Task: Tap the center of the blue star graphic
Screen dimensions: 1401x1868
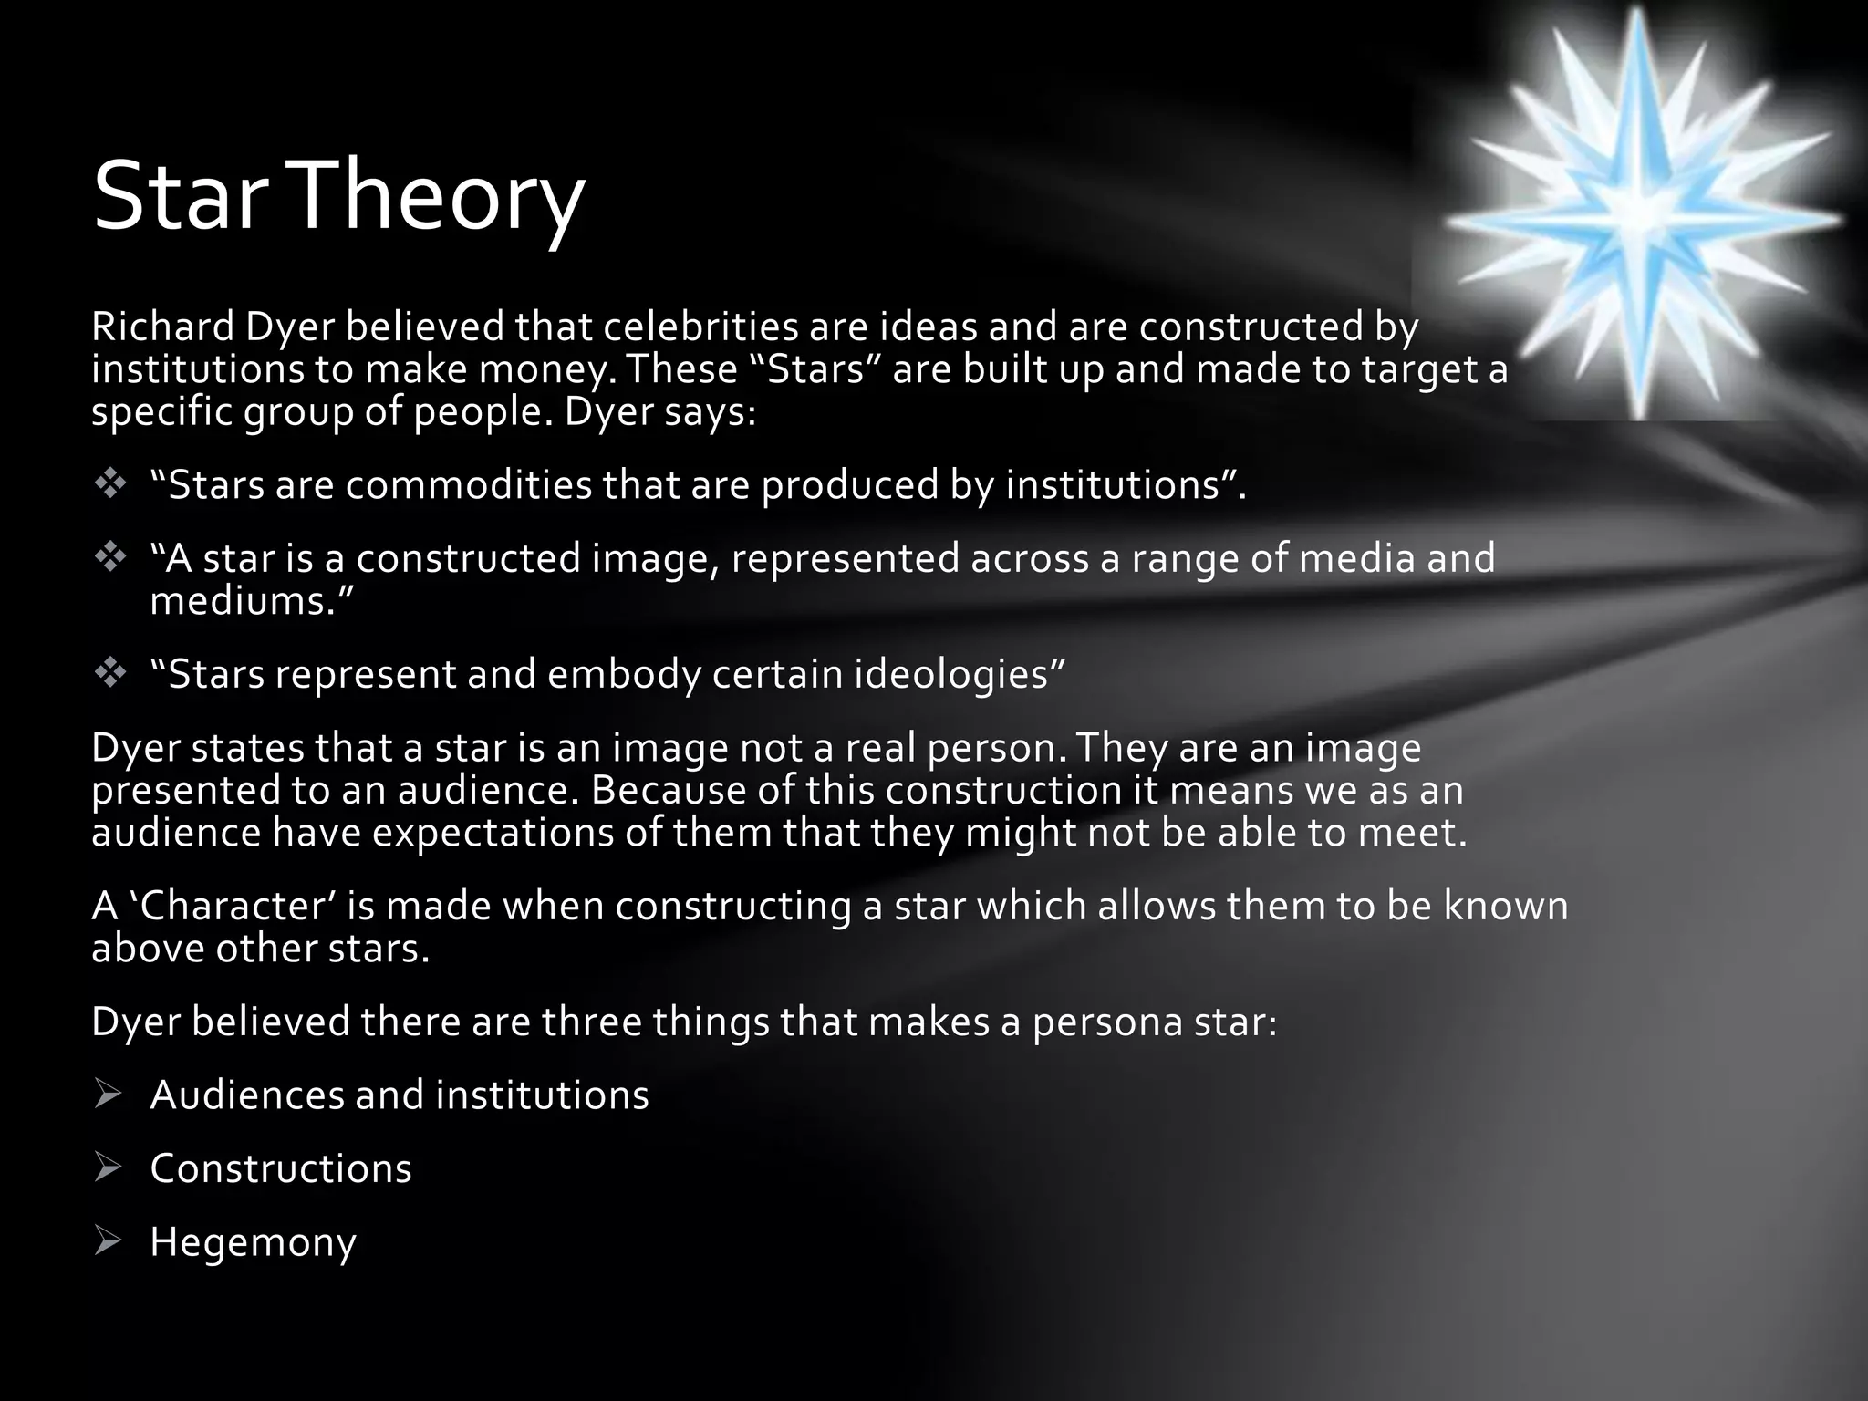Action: (1639, 213)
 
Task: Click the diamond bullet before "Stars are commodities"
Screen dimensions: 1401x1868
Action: (109, 484)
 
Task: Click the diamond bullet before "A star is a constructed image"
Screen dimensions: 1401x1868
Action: (109, 557)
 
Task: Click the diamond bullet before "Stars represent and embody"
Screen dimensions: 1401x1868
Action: (109, 674)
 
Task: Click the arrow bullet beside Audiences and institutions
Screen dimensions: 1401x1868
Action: (108, 1095)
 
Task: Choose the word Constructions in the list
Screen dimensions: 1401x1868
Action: (281, 1168)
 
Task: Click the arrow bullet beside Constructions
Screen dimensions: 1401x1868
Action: (108, 1168)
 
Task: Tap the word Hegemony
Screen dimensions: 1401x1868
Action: (253, 1242)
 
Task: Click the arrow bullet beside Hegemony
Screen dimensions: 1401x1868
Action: (108, 1241)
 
